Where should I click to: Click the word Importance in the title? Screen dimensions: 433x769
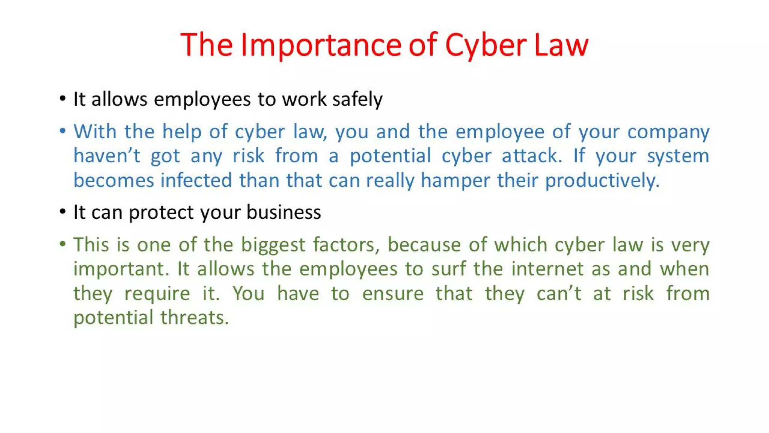(321, 45)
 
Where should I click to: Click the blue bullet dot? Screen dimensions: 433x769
(63, 131)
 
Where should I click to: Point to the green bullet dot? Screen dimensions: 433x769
(63, 244)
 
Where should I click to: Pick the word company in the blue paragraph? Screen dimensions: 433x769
(668, 132)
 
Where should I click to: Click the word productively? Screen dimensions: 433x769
(602, 180)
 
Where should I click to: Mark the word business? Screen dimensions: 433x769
(284, 212)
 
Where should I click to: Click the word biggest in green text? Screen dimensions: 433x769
(273, 245)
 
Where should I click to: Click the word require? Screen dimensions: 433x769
(157, 294)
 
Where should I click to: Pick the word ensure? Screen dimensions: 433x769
(393, 293)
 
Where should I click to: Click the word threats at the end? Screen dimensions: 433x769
(195, 318)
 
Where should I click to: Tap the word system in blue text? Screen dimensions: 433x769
(678, 156)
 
